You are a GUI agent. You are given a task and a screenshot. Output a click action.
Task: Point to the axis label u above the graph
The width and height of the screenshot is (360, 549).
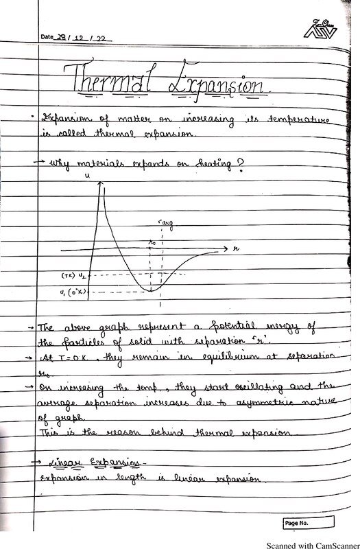click(87, 176)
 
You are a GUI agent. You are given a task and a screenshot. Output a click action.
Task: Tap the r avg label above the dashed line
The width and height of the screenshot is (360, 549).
click(165, 222)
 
